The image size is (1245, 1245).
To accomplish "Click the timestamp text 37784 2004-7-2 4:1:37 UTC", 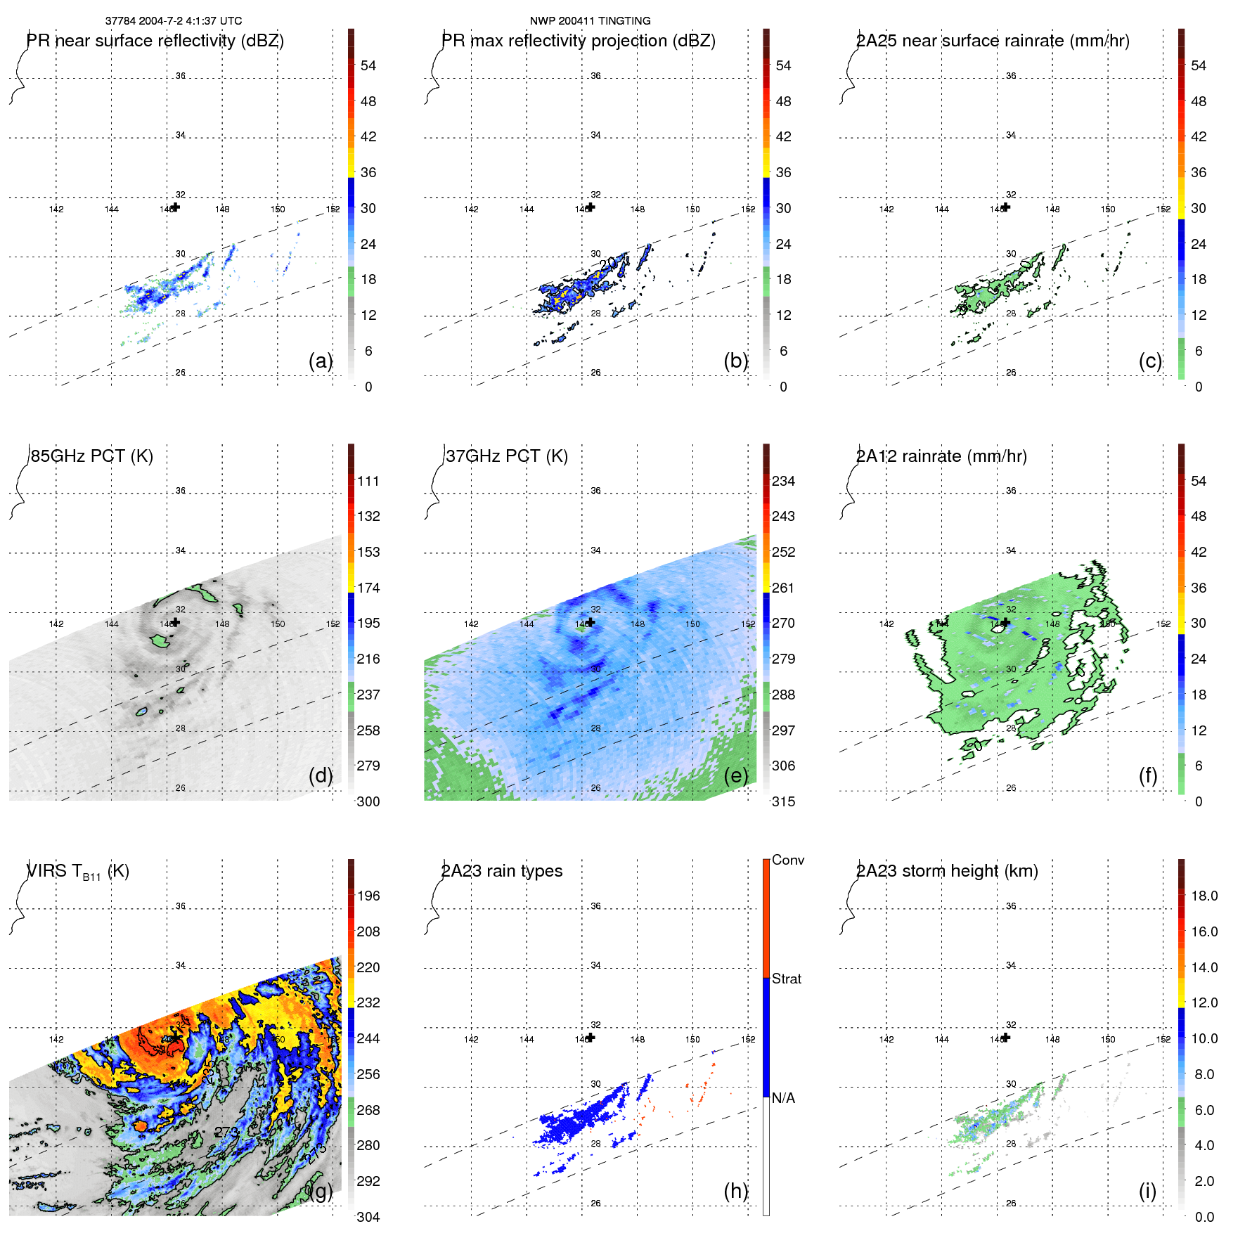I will point(173,21).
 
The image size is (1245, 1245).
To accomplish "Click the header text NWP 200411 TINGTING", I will point(590,21).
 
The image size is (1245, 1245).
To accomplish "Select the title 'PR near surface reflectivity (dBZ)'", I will point(155,41).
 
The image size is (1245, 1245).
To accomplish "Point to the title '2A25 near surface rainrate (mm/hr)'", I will point(993,41).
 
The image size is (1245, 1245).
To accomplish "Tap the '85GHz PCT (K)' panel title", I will point(91,456).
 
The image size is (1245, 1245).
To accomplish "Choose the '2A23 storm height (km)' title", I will point(947,871).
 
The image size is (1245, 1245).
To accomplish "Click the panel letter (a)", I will point(321,361).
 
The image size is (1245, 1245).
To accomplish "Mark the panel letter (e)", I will point(736,775).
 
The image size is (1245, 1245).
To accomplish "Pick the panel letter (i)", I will point(1147,1191).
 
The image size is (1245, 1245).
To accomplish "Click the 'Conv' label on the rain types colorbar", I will point(787,860).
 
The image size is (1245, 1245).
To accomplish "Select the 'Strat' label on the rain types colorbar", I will point(786,979).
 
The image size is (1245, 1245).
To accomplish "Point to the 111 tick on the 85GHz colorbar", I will point(368,482).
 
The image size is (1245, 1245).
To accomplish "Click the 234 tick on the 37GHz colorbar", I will point(783,482).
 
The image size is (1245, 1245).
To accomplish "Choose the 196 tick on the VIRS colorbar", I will point(368,896).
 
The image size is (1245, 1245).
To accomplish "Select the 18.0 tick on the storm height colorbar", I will point(1204,896).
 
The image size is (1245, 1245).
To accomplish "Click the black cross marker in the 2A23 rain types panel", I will point(591,1038).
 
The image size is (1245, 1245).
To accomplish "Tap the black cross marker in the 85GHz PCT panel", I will point(176,622).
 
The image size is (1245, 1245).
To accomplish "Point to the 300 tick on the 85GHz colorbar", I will point(368,802).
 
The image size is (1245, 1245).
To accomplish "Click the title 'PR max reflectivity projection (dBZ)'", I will point(578,41).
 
